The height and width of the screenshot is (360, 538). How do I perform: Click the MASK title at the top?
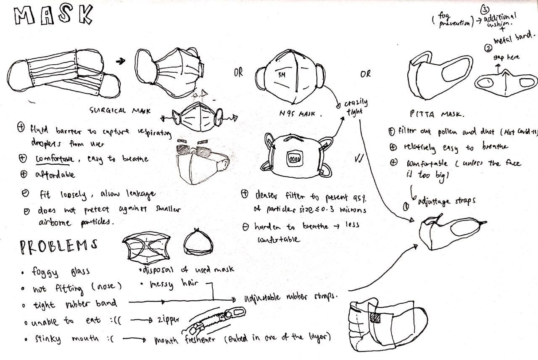(53, 16)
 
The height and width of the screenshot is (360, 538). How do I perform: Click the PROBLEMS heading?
(59, 247)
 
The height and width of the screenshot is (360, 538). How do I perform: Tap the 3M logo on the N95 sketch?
(281, 75)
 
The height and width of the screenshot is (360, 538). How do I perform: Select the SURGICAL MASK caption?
(120, 111)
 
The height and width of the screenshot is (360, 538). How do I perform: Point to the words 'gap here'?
(506, 57)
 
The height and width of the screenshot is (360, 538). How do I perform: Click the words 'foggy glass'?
(61, 272)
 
